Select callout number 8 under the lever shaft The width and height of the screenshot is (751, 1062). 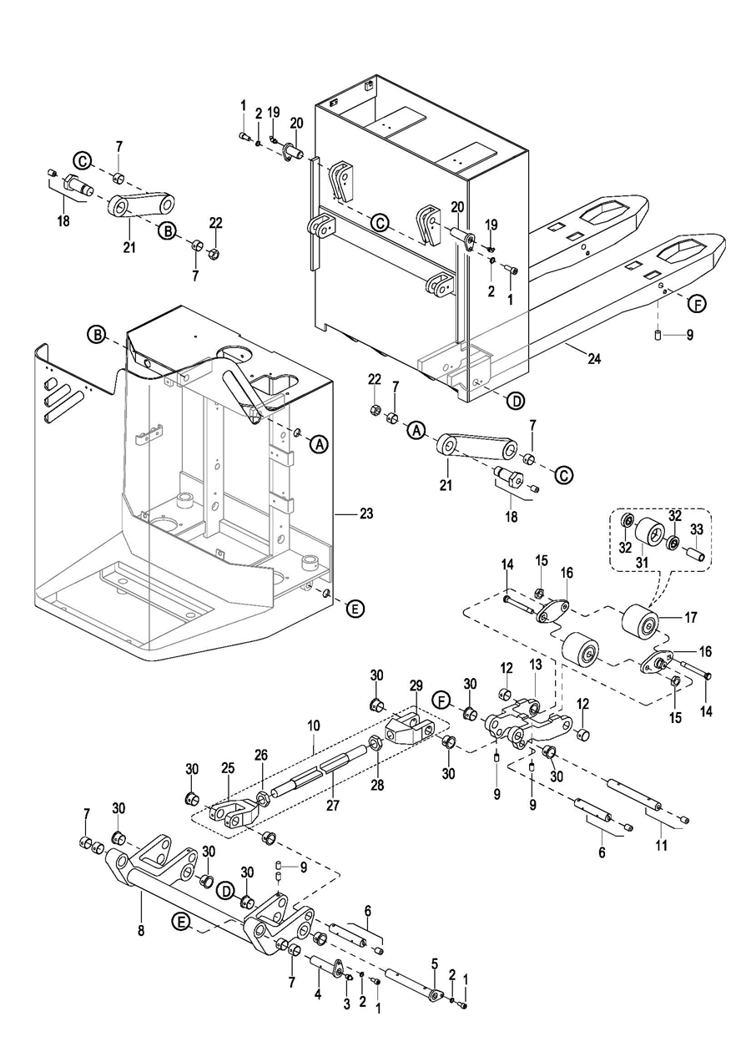(140, 929)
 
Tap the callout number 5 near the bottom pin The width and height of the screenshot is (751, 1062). (434, 963)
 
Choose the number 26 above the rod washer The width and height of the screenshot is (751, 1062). (261, 756)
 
